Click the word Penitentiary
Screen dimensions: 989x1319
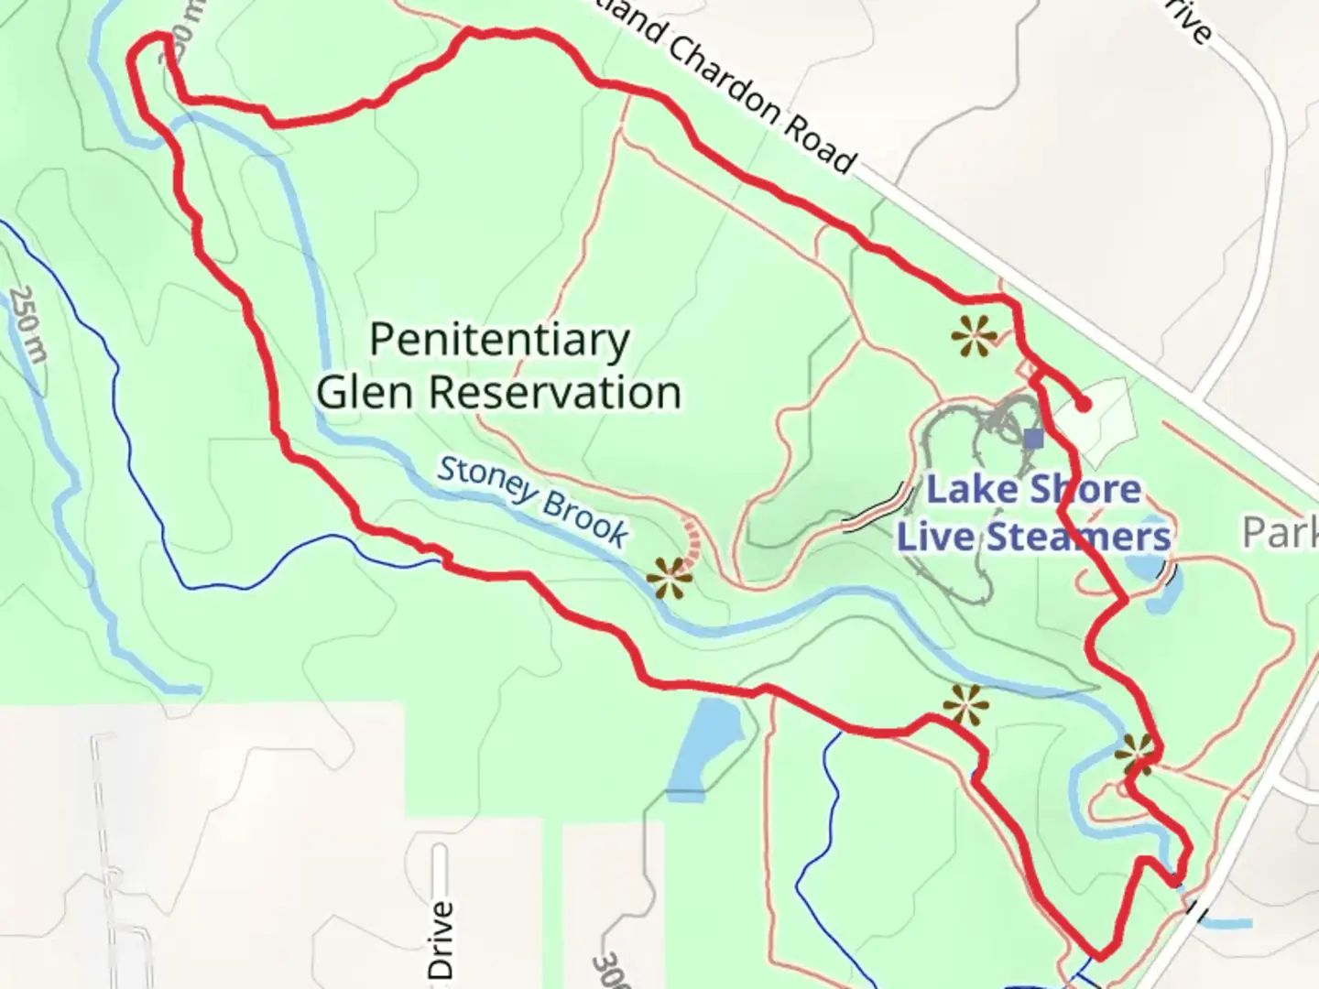click(499, 341)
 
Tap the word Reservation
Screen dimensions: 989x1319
click(555, 393)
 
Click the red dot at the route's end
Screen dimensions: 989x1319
click(1084, 404)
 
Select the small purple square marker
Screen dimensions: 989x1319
click(1033, 439)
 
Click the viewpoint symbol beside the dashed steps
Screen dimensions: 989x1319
click(670, 578)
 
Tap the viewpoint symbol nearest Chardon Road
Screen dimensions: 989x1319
click(973, 337)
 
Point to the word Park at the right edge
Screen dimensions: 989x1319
click(1280, 532)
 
